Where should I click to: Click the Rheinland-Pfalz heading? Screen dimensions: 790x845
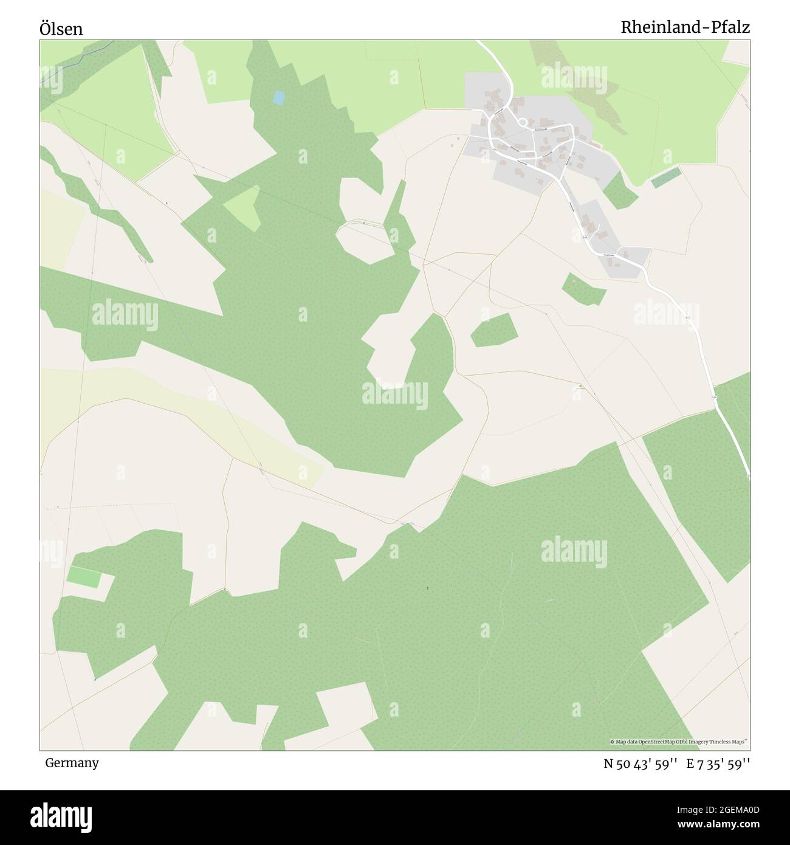[685, 27]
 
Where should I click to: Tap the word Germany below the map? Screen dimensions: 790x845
[72, 762]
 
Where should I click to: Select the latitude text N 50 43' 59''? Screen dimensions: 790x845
[641, 764]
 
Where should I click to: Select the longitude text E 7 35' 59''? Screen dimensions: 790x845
[718, 764]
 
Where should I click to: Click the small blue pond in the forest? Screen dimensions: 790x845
[278, 97]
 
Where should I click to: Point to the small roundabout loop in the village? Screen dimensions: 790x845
[521, 123]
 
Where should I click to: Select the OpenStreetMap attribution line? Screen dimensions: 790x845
[679, 742]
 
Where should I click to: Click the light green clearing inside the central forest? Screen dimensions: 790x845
[243, 207]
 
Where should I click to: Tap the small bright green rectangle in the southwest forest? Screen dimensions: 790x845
[83, 576]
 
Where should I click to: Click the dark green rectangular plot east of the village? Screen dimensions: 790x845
[665, 178]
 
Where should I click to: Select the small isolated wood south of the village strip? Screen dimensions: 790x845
[584, 289]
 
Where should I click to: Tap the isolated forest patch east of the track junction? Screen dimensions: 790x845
[494, 330]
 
